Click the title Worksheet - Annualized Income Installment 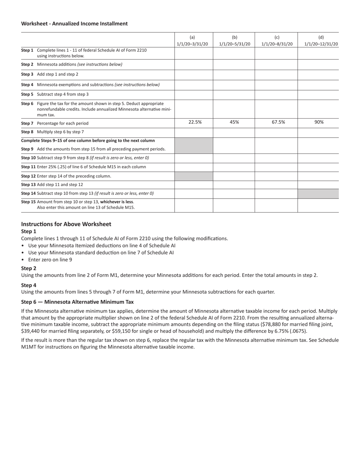tap(74, 23)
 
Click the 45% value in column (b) tap(234, 122)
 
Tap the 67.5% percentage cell tap(278, 122)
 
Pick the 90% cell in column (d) tap(319, 122)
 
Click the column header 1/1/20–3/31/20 tap(192, 44)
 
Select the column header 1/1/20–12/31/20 tap(321, 44)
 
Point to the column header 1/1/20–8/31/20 tap(277, 44)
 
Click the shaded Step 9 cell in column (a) tap(194, 145)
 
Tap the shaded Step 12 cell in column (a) tap(194, 176)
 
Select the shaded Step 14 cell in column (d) tap(318, 193)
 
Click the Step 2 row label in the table tap(72, 64)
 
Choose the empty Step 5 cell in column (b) tap(234, 94)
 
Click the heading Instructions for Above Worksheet tap(66, 224)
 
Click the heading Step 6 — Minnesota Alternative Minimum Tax tap(77, 302)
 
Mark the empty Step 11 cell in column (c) tap(276, 167)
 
